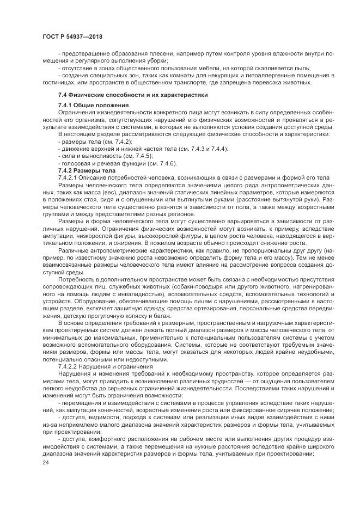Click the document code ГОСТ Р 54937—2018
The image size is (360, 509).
pos(72,36)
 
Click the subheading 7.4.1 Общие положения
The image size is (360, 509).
pos(93,105)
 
